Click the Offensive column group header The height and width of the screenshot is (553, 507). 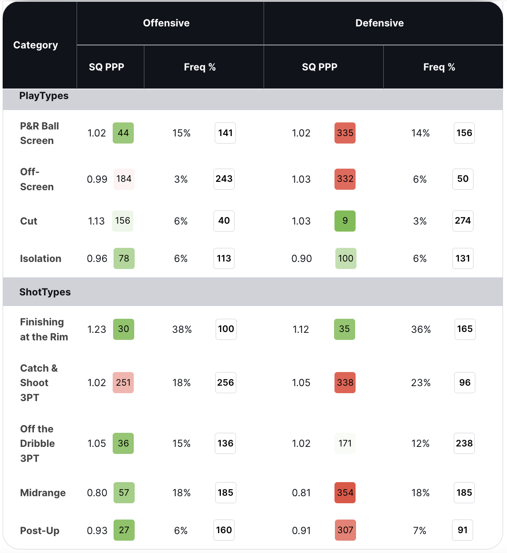[x=166, y=23]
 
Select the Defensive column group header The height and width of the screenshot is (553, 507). [x=379, y=23]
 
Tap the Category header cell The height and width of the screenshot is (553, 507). [x=36, y=45]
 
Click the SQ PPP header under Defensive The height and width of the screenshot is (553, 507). [x=320, y=67]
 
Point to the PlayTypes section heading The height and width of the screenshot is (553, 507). [x=44, y=96]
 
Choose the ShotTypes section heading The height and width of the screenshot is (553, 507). [x=45, y=292]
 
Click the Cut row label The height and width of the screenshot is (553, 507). [x=29, y=221]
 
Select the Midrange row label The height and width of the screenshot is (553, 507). [x=43, y=493]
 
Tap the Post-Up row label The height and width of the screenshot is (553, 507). [x=40, y=531]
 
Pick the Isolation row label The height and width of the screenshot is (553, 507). [x=40, y=258]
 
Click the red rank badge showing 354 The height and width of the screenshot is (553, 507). [x=345, y=493]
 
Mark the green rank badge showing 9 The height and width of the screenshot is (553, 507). [x=345, y=221]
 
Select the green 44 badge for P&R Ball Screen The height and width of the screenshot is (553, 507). [x=123, y=133]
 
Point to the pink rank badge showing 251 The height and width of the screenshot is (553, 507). [x=123, y=383]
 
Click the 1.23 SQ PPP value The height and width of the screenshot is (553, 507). [x=97, y=329]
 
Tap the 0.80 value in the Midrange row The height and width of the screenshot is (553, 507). [x=97, y=493]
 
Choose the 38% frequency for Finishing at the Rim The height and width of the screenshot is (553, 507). [x=182, y=329]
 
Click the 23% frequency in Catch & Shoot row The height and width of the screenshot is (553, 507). [x=421, y=383]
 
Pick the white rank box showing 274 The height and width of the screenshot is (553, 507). [x=463, y=221]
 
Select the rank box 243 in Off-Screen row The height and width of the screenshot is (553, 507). [x=224, y=179]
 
